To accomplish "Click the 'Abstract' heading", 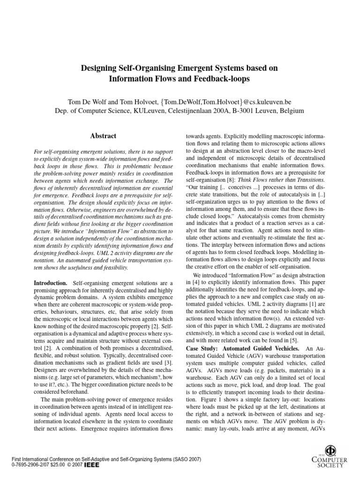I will pyautogui.click(x=103, y=136).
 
